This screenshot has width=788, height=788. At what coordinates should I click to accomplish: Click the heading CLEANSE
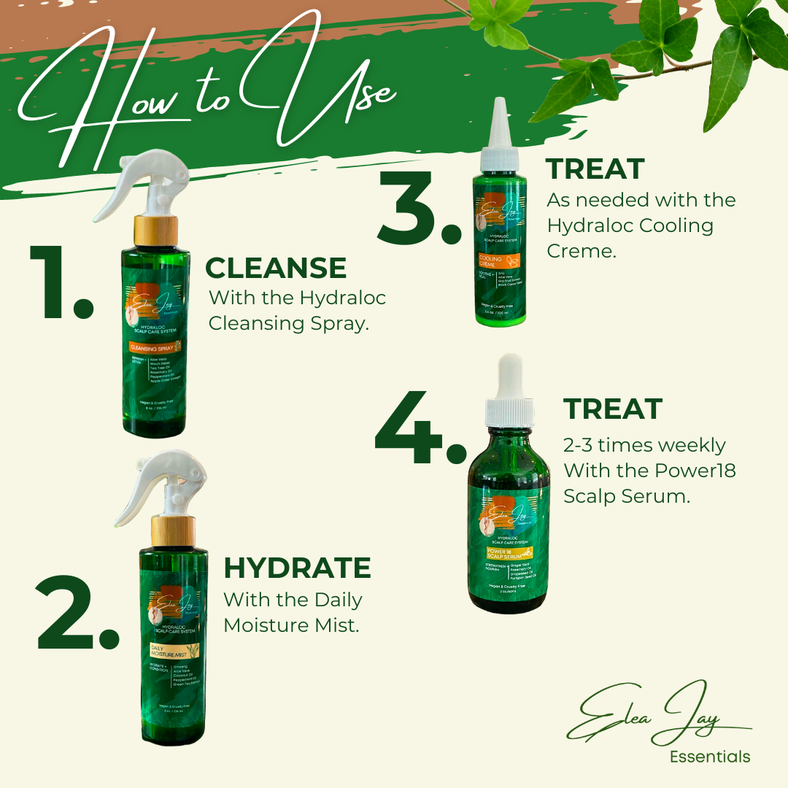point(276,269)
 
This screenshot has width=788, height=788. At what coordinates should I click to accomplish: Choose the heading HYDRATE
point(297,568)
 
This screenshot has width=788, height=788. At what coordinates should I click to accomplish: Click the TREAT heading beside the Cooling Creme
point(595,169)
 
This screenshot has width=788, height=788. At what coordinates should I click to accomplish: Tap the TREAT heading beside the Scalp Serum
point(613,409)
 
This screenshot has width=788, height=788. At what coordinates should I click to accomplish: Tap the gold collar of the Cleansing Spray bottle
point(155,231)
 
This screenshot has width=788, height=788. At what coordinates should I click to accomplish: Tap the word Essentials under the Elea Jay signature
point(709,757)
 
